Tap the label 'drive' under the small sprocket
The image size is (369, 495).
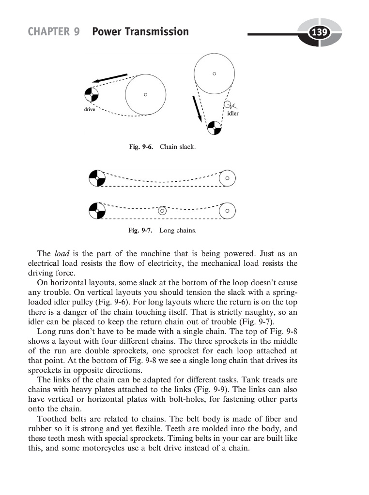pyautogui.click(x=89, y=110)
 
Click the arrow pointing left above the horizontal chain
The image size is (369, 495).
pyautogui.click(x=110, y=78)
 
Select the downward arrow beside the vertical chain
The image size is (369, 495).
pyautogui.click(x=198, y=109)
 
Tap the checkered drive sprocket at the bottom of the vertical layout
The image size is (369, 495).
pyautogui.click(x=214, y=128)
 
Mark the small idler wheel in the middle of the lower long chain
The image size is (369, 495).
pyautogui.click(x=162, y=211)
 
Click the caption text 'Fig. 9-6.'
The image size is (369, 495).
pyautogui.click(x=141, y=146)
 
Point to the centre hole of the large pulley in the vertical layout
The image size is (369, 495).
pyautogui.click(x=214, y=73)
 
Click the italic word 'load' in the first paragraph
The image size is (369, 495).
pyautogui.click(x=61, y=253)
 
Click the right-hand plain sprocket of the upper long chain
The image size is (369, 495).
pyautogui.click(x=227, y=178)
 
